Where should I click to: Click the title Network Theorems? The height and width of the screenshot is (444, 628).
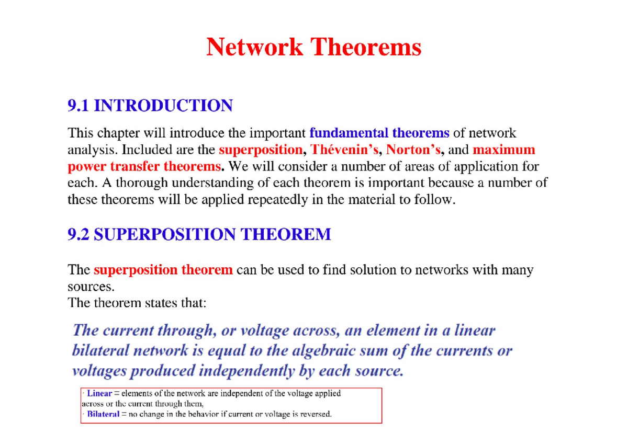click(x=314, y=47)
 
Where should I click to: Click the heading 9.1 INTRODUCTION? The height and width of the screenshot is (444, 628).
click(x=150, y=106)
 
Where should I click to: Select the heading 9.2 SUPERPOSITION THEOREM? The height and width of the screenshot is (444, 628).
click(x=199, y=234)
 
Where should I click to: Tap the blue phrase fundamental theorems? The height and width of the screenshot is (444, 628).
click(x=379, y=133)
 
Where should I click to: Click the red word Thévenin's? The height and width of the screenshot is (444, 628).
click(x=345, y=150)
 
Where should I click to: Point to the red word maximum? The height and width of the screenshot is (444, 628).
click(x=504, y=150)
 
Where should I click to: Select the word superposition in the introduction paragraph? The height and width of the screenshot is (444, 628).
click(x=260, y=150)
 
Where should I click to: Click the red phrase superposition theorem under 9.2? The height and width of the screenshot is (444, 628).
click(x=163, y=270)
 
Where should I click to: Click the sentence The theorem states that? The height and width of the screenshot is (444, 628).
click(x=138, y=303)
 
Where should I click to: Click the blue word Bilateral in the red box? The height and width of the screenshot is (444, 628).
click(x=103, y=414)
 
